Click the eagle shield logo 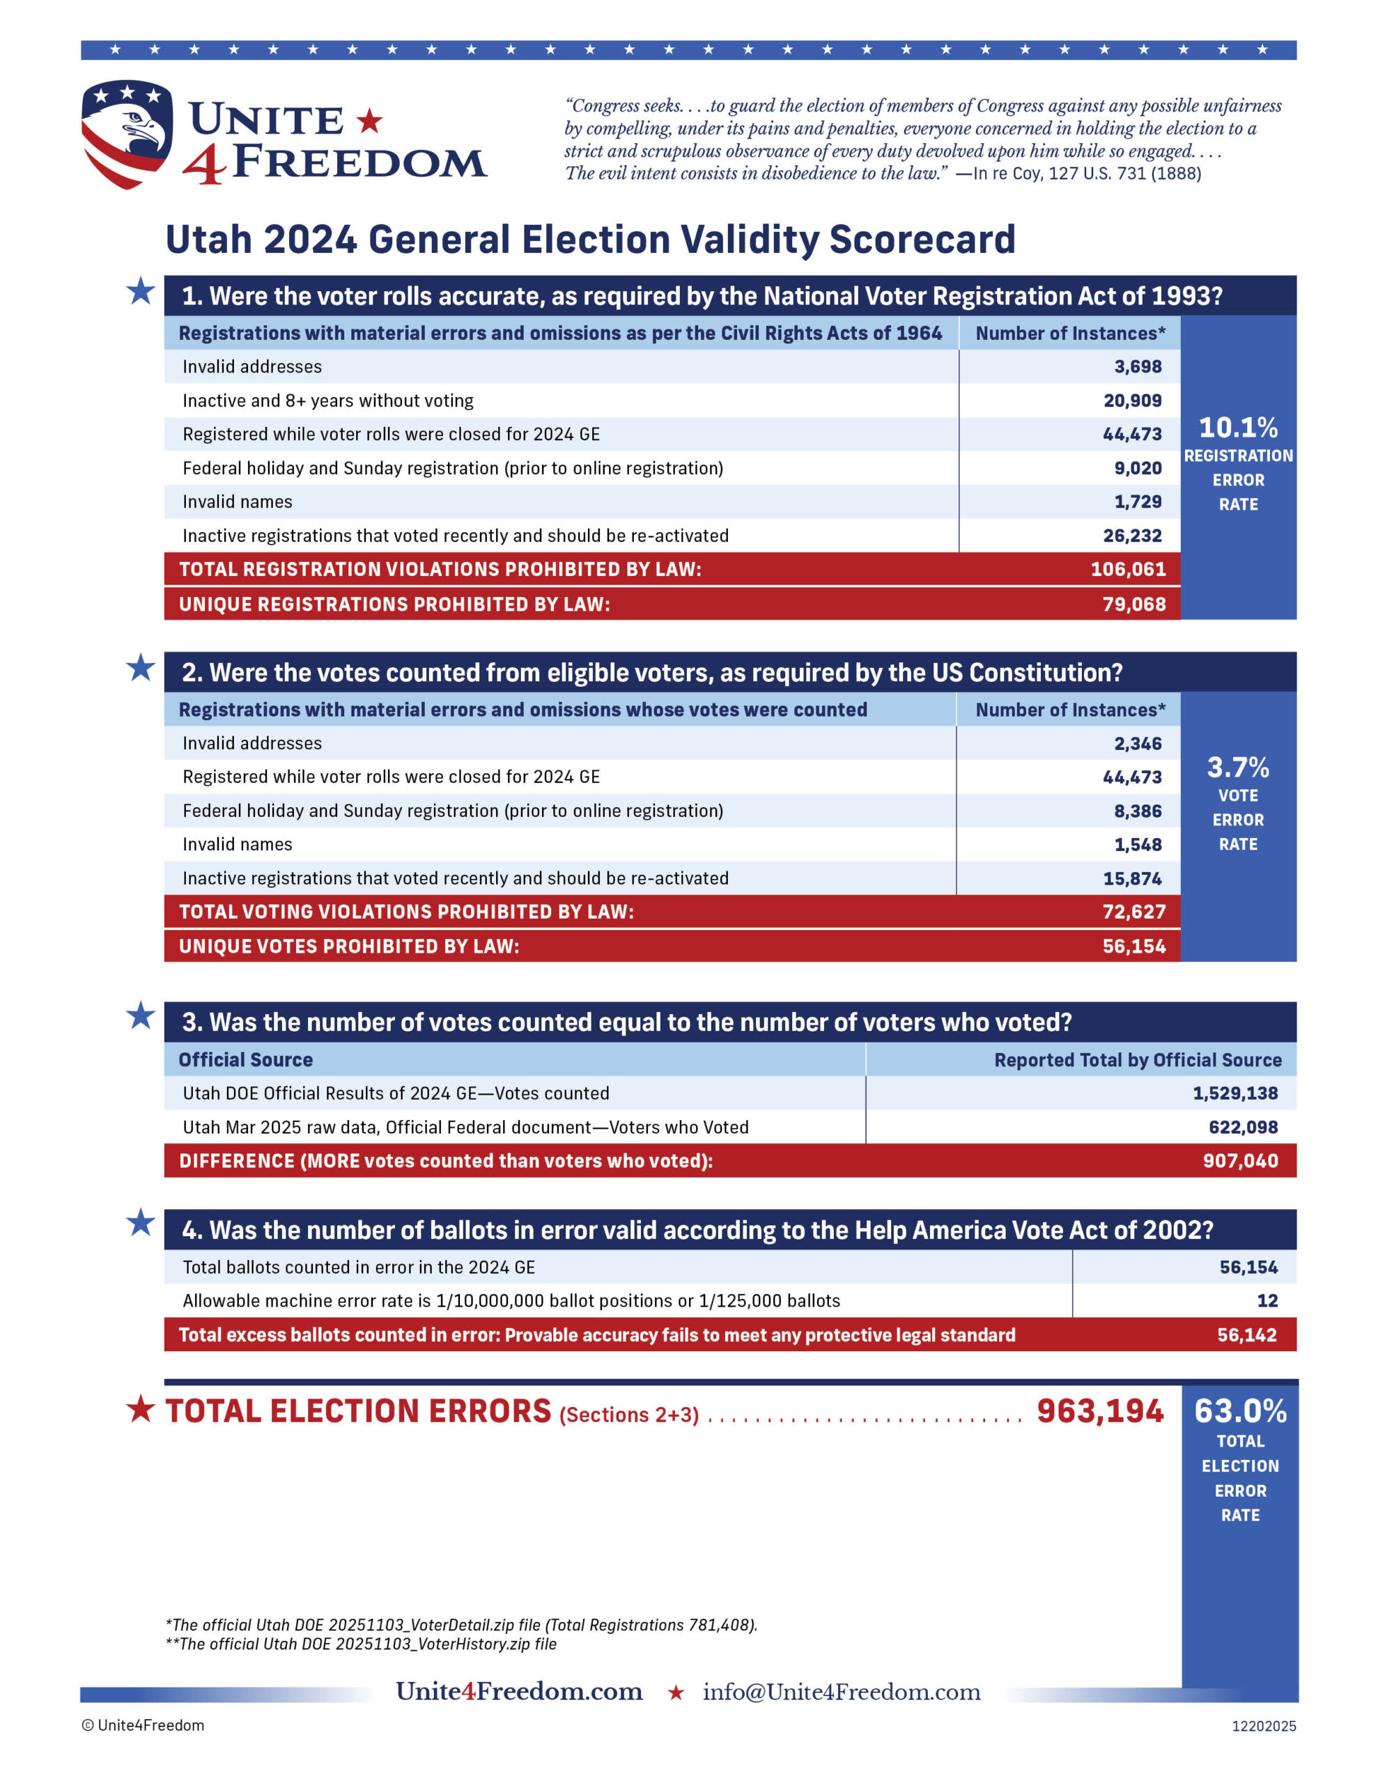127,133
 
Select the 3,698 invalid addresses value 1137,366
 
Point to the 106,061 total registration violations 1128,569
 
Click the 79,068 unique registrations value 1133,604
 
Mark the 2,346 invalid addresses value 1137,744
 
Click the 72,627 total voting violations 1133,912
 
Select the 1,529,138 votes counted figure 1235,1093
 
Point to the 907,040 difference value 1240,1161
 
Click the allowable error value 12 1267,1300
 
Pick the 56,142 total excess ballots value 1246,1334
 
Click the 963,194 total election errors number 1099,1412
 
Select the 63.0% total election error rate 1240,1412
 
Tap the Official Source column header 246,1059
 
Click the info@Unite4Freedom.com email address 842,1692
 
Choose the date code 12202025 1264,1726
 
